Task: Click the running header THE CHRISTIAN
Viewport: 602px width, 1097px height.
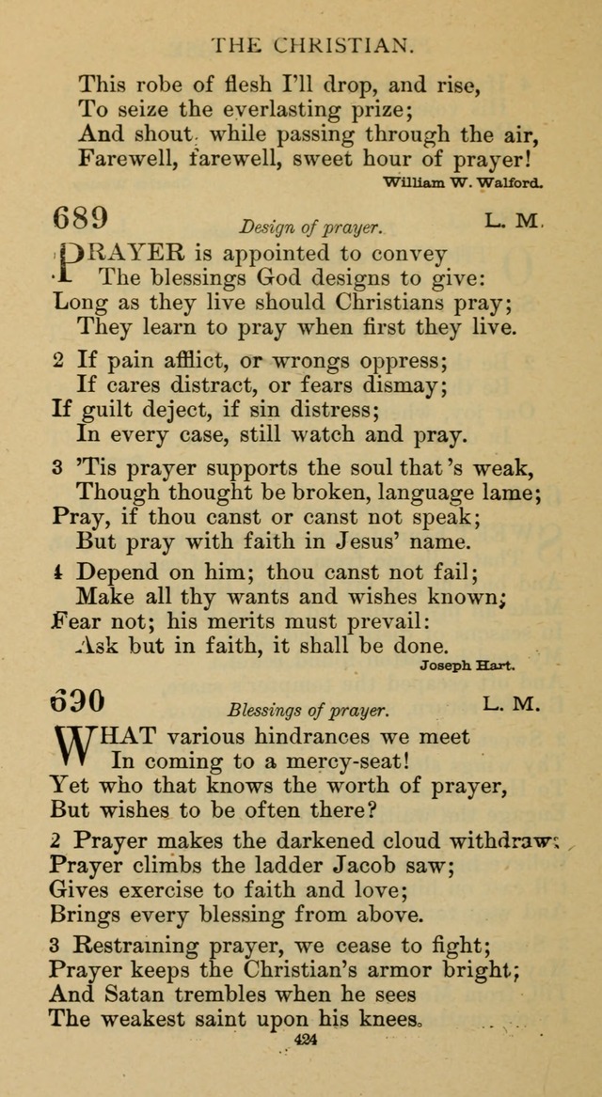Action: (x=312, y=43)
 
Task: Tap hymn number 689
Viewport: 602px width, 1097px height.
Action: (x=81, y=218)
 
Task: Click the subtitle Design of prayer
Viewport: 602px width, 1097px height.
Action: (x=311, y=227)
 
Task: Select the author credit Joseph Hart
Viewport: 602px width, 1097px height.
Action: (x=467, y=666)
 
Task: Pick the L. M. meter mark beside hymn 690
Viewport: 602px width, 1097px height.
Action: (x=513, y=703)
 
